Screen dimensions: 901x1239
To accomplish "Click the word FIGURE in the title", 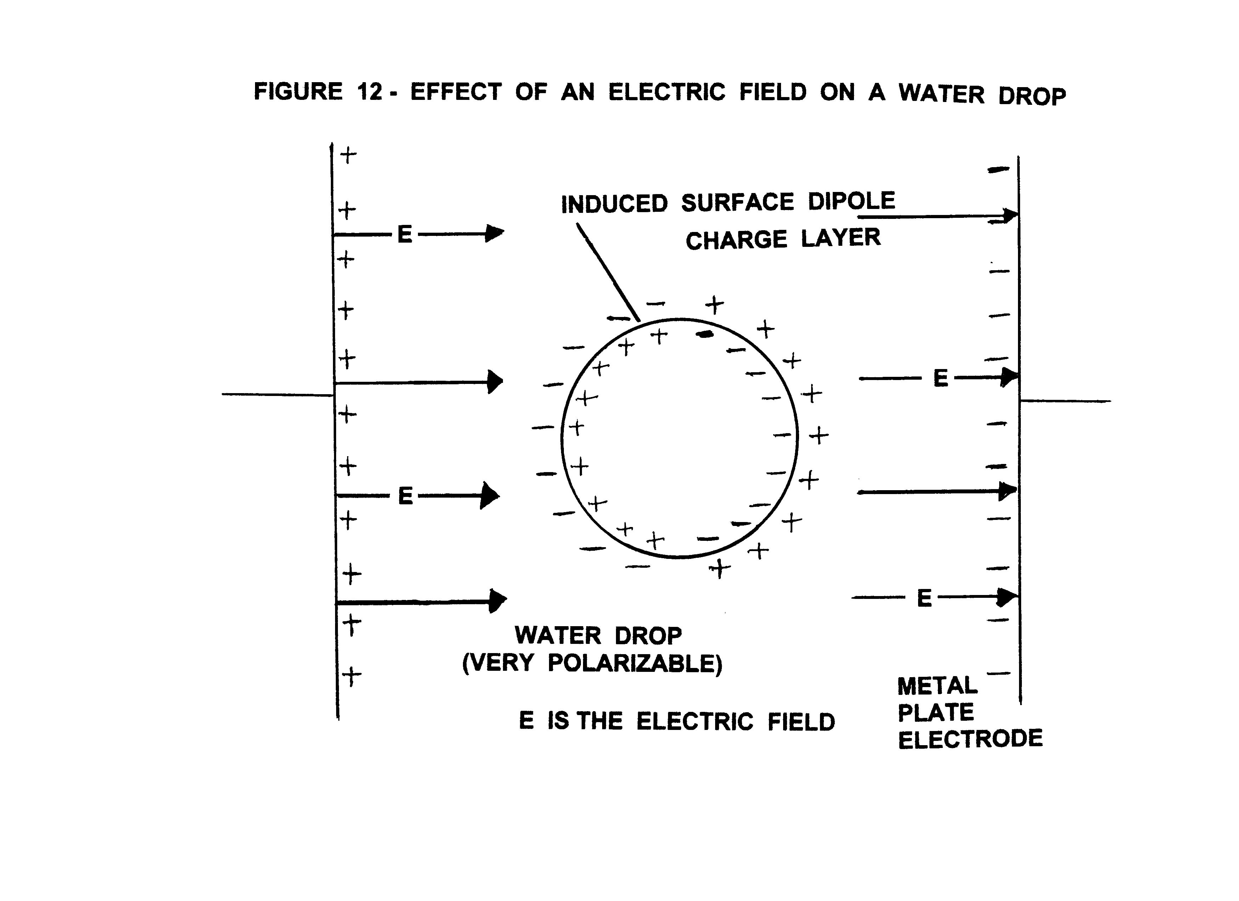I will [x=298, y=91].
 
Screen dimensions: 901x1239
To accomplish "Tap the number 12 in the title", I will [x=369, y=92].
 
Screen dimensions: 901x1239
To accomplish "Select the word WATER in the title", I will [x=941, y=93].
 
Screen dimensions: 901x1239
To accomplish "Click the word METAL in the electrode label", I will [x=937, y=686].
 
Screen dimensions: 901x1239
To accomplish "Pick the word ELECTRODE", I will [x=970, y=739].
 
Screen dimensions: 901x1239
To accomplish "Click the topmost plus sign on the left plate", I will [x=348, y=155].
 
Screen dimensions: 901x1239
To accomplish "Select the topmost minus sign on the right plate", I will [x=998, y=170].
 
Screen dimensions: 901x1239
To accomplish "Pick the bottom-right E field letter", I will [x=924, y=598].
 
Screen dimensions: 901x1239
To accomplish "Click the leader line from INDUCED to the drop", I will [x=609, y=272].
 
